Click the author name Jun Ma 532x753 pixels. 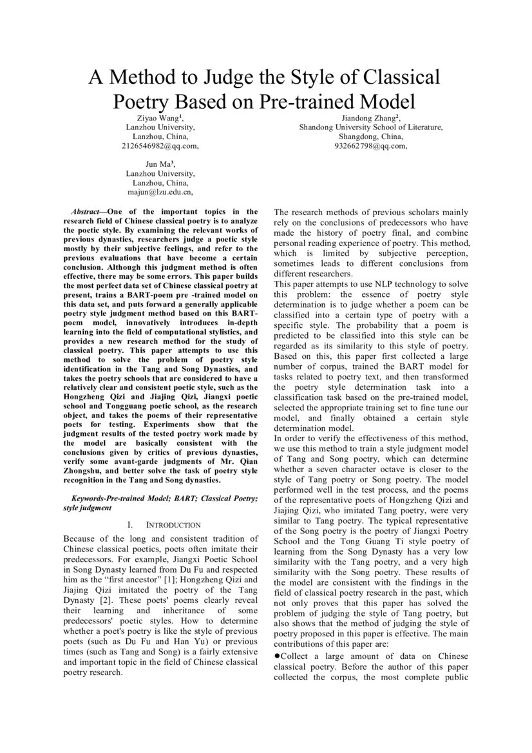pyautogui.click(x=159, y=164)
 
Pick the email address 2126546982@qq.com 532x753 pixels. pyautogui.click(x=160, y=146)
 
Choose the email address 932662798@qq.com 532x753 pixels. pyautogui.click(x=370, y=146)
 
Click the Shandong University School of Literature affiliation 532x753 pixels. pyautogui.click(x=370, y=128)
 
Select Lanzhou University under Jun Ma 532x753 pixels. pyautogui.click(x=160, y=173)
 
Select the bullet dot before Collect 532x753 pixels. pyautogui.click(x=277, y=656)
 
